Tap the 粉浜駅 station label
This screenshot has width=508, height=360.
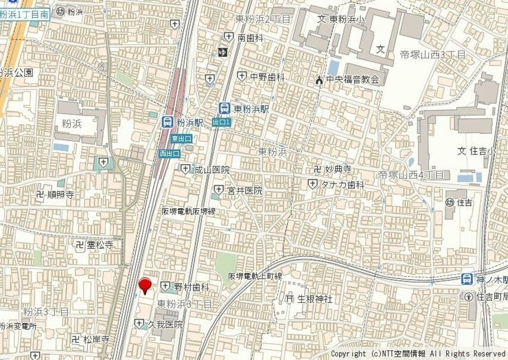(190, 122)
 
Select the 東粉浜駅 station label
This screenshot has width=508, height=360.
(251, 108)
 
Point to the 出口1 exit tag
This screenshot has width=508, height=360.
(221, 122)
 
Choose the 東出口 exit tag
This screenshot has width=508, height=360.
(181, 139)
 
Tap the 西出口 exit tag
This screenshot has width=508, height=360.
(169, 153)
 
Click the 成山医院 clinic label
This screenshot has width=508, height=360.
(211, 169)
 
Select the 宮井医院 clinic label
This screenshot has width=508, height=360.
(245, 190)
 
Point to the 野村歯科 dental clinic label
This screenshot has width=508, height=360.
(191, 286)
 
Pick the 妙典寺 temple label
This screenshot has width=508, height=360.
(337, 169)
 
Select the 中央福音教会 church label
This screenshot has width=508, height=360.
(352, 80)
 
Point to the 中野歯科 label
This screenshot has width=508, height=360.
(266, 76)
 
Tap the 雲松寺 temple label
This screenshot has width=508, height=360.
(100, 245)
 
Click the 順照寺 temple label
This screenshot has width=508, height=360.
(60, 195)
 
